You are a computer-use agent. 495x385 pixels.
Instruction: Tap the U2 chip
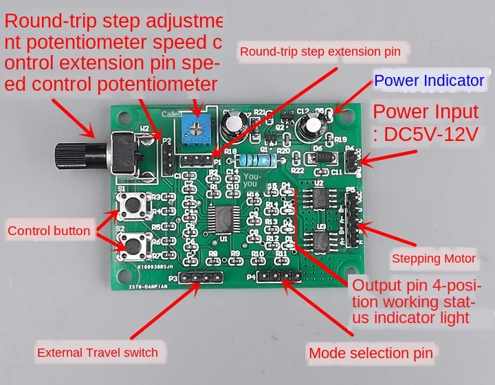[320, 198]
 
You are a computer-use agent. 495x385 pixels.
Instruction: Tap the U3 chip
[320, 240]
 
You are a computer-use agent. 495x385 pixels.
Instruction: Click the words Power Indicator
[429, 80]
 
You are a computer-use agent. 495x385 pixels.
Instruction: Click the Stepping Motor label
[433, 259]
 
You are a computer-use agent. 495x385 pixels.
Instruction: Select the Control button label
[49, 231]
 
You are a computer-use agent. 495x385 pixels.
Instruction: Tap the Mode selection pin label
[371, 353]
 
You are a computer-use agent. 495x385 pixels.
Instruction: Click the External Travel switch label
[98, 353]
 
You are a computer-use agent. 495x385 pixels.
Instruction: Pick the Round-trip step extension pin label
[320, 50]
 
